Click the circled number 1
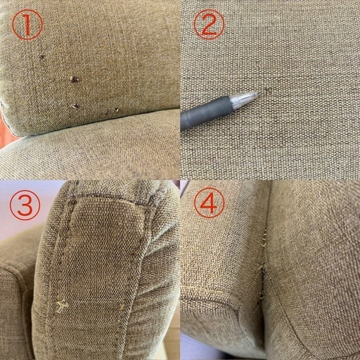point(27,25)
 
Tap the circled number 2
point(209,24)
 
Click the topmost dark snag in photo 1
point(42,56)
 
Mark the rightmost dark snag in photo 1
point(117,109)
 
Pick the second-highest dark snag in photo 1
point(75,79)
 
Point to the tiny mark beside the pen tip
point(268,90)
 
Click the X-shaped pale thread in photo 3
point(62,306)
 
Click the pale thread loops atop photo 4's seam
point(264,238)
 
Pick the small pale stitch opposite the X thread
point(122,306)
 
